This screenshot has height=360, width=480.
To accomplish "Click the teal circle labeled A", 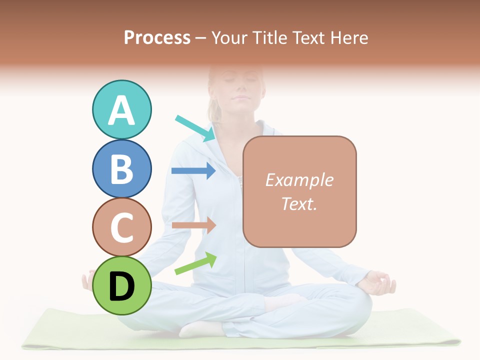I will pos(121,109).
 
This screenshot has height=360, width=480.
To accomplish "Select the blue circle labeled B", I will pos(121,168).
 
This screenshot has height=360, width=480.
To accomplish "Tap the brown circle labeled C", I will pos(121,227).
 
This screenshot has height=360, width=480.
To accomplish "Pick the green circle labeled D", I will pos(121,285).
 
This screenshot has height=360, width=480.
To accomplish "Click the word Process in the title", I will pos(157,37).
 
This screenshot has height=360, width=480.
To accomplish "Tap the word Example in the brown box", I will pos(299,180).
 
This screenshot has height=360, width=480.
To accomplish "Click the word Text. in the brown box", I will pos(299,203).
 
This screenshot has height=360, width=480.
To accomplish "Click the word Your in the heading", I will pos(228,37).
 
